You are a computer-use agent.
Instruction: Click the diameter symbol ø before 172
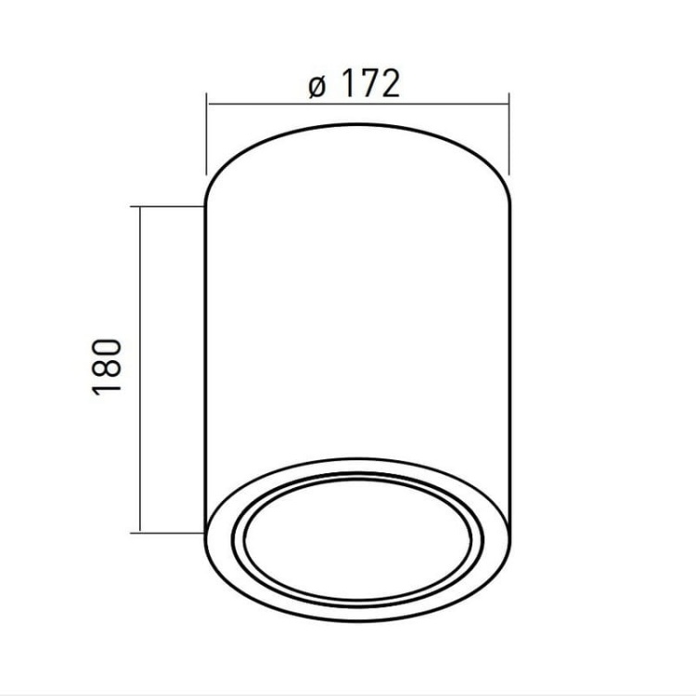316,85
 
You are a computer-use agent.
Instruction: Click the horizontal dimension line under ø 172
357,105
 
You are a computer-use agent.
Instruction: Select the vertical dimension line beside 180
140,371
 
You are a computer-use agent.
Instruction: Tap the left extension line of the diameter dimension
206,139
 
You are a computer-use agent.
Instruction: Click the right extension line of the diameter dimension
509,139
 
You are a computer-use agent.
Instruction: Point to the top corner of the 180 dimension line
140,207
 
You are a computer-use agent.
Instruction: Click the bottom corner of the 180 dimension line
140,532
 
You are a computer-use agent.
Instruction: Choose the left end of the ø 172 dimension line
207,105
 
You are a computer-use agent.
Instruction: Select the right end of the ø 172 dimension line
509,105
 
